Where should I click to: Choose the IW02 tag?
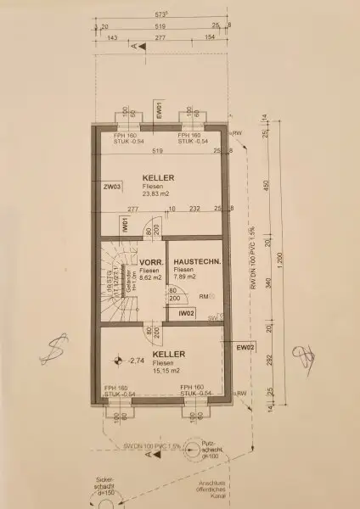coord(188,313)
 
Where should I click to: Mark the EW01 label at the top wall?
coord(160,110)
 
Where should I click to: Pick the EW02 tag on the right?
coord(245,347)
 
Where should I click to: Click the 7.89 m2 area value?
coord(184,277)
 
